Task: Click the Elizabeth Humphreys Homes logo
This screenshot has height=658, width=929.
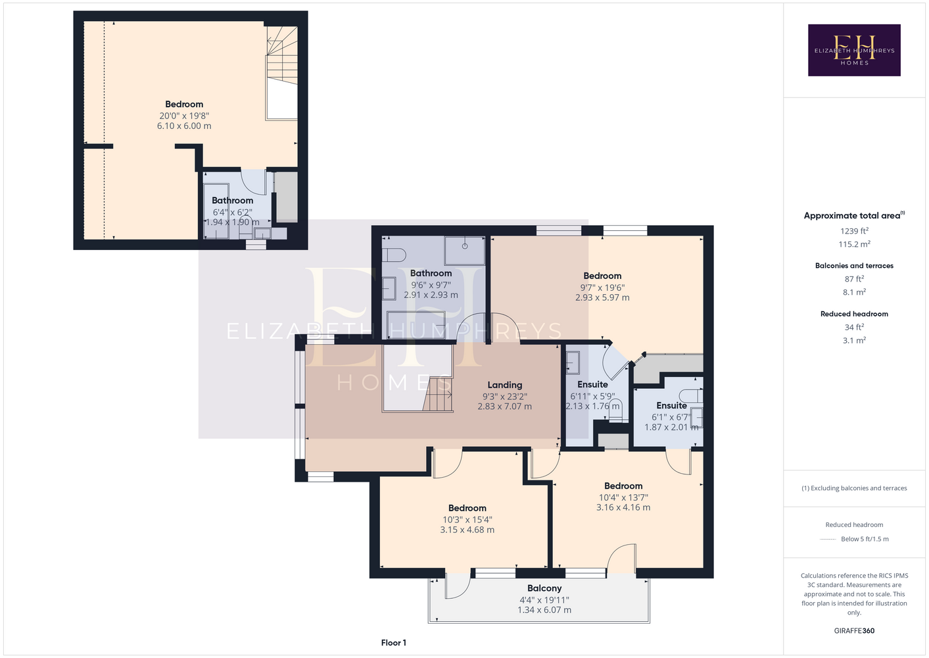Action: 854,50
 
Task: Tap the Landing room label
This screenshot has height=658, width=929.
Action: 504,385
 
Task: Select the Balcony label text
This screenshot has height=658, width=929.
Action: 544,588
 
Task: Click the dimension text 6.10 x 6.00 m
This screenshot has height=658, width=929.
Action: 184,126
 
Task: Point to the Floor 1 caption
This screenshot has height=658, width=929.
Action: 394,643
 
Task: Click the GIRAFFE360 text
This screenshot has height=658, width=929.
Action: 854,630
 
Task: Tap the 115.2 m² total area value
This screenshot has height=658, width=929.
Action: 854,243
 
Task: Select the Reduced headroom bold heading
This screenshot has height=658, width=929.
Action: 854,314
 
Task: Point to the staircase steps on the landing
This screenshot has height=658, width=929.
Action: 437,394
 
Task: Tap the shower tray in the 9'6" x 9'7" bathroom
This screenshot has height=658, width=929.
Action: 464,251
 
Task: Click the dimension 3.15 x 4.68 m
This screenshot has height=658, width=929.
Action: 467,530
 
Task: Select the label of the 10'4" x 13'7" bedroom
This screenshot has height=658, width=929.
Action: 623,486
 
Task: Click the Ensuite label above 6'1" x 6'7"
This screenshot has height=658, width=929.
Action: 671,405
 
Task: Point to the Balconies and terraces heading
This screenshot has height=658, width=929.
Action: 854,266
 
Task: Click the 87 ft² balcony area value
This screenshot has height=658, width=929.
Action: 854,278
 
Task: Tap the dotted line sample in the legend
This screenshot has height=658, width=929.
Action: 828,540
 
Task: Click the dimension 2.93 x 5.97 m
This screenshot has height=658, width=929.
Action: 602,297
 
